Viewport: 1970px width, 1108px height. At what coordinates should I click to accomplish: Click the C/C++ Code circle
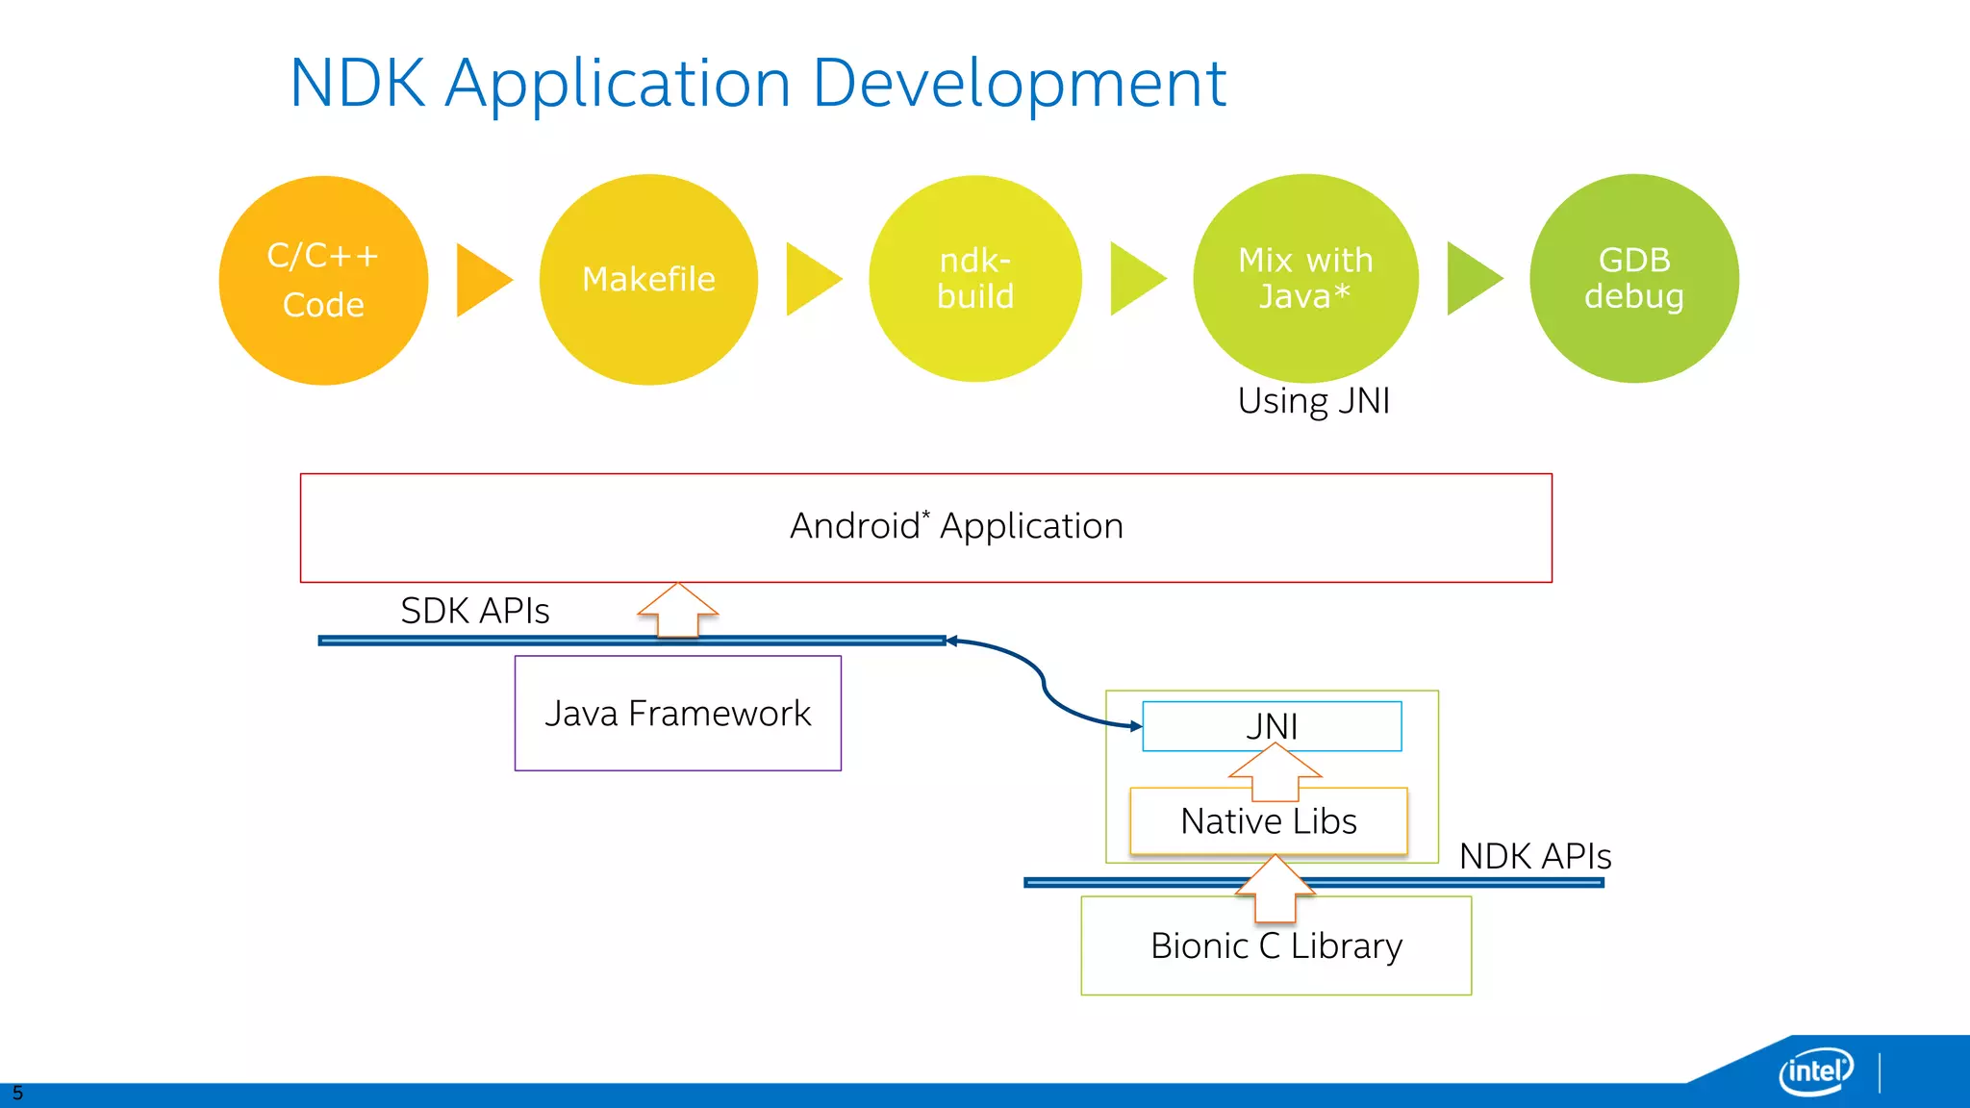[x=323, y=280]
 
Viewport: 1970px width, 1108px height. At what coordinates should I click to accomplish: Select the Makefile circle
[x=648, y=280]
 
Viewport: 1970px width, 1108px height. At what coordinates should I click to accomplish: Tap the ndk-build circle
[x=974, y=279]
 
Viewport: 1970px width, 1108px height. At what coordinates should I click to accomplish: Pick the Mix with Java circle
[x=1305, y=279]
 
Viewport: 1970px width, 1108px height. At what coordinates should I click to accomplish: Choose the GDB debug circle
[x=1633, y=279]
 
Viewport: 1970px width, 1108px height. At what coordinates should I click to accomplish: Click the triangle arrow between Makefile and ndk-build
[x=810, y=279]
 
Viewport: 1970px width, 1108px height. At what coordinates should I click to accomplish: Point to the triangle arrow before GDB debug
[x=1471, y=279]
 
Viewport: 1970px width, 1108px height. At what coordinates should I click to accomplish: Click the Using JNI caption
[x=1313, y=401]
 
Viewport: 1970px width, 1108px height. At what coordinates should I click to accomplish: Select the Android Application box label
[x=956, y=526]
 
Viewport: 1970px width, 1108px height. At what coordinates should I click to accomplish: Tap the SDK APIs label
[x=474, y=612]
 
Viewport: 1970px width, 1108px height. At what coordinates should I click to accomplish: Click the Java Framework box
[x=677, y=714]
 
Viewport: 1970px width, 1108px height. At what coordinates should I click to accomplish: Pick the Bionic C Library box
[x=1275, y=946]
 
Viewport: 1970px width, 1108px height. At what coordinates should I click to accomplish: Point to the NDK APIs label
[x=1534, y=856]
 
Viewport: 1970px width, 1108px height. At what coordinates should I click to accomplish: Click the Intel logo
[x=1815, y=1070]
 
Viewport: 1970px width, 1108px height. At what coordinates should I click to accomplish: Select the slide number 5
[x=17, y=1094]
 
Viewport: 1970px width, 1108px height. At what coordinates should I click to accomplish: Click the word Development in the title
[x=1019, y=85]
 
